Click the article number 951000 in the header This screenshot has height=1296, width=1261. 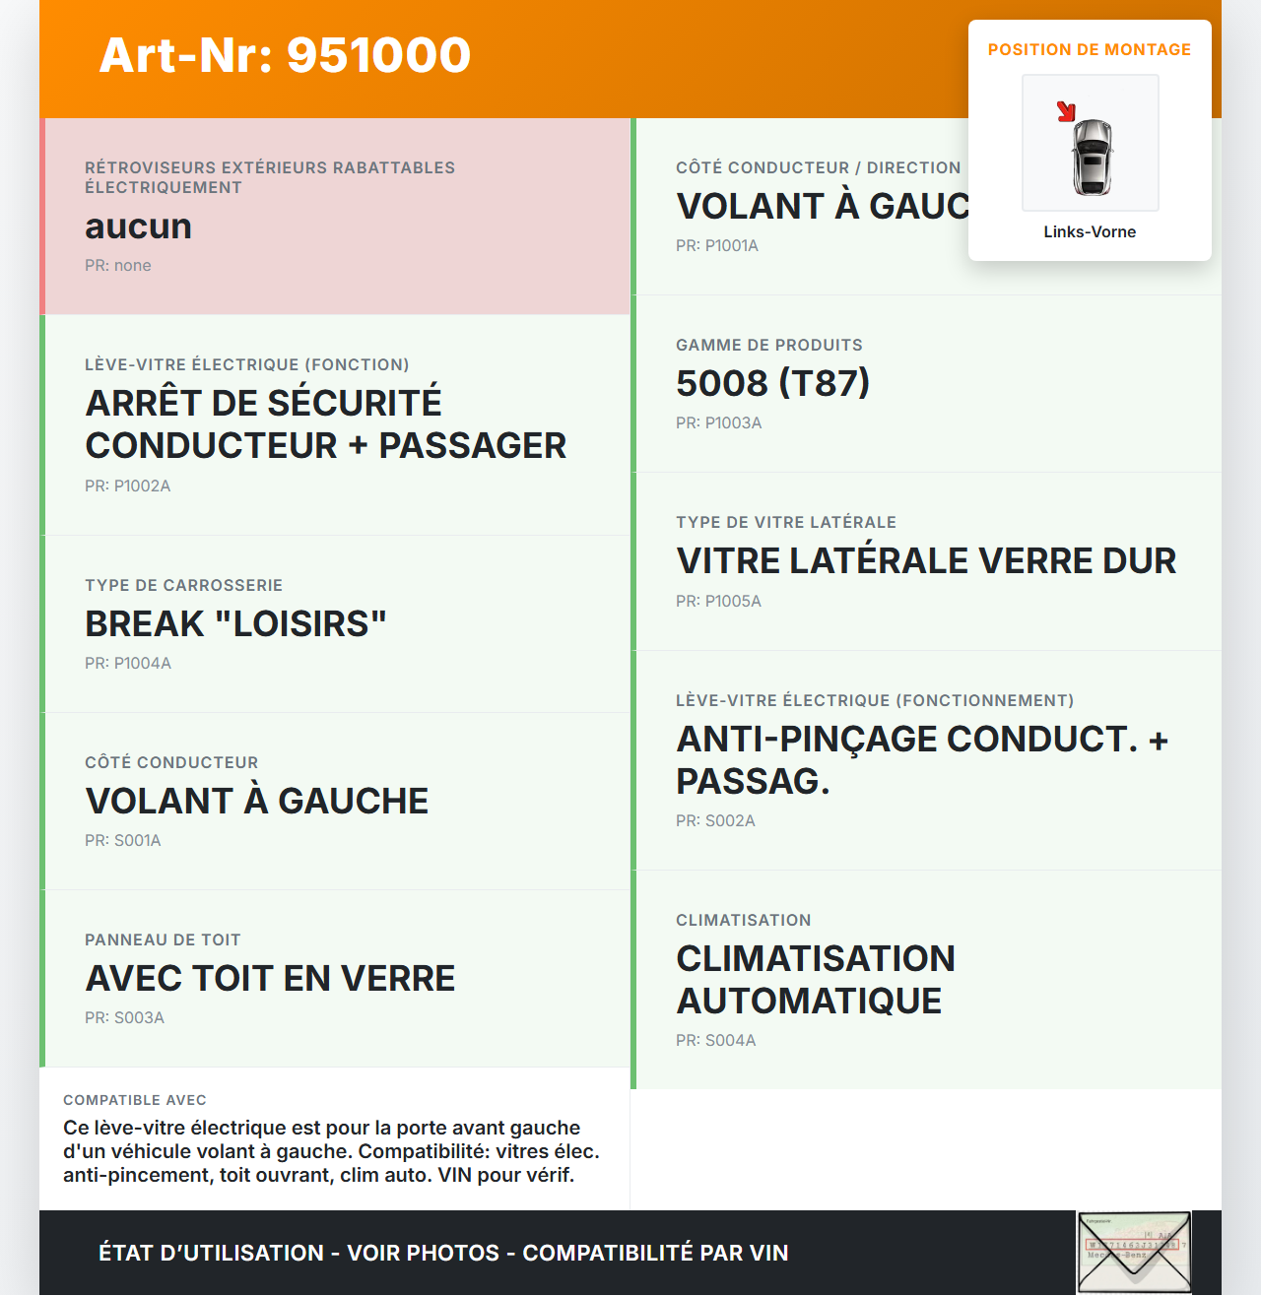tap(378, 55)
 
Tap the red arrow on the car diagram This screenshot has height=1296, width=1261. tap(1066, 111)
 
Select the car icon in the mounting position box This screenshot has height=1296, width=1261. tap(1092, 158)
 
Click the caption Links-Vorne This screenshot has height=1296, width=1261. tap(1090, 232)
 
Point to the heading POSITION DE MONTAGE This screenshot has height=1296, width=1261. tap(1089, 50)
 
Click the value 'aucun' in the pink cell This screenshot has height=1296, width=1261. tap(138, 227)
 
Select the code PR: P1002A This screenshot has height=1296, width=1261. tap(127, 486)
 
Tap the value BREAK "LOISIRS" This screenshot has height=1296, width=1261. tap(235, 624)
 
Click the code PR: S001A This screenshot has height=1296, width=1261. tap(122, 841)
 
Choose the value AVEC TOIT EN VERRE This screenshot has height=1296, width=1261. tap(270, 979)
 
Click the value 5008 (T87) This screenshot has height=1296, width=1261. tap(772, 384)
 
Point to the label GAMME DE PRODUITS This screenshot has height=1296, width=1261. tap(768, 346)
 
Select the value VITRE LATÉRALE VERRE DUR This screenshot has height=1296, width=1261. tap(926, 561)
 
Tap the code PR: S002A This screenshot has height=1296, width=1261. tap(715, 821)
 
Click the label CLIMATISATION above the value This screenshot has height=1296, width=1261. tap(743, 921)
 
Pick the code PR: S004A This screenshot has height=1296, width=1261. tap(715, 1041)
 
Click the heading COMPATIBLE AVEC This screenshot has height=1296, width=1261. tap(135, 1100)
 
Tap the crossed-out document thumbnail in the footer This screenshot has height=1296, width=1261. tap(1134, 1253)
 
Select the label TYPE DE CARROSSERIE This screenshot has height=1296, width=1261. tap(183, 586)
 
